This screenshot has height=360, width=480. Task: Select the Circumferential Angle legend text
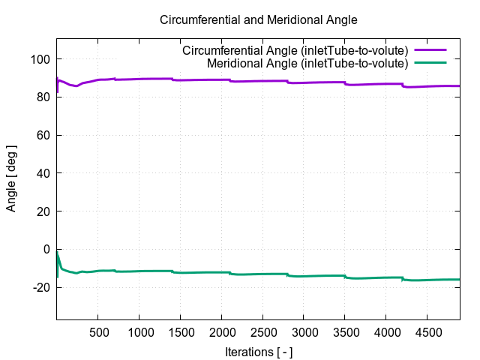(295, 50)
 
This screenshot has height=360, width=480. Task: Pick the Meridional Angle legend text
(307, 64)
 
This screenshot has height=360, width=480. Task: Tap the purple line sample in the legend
(435, 50)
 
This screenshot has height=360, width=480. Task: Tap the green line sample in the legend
(435, 64)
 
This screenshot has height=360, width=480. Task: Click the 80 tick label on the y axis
(44, 97)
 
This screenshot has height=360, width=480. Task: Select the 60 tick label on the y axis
(44, 135)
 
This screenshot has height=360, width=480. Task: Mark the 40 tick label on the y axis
(44, 173)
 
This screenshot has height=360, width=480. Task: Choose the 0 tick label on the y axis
(47, 249)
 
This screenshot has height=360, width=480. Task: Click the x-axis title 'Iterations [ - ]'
(259, 351)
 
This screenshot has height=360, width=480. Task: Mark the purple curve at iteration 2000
(221, 79)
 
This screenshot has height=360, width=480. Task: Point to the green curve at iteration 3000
(304, 276)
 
